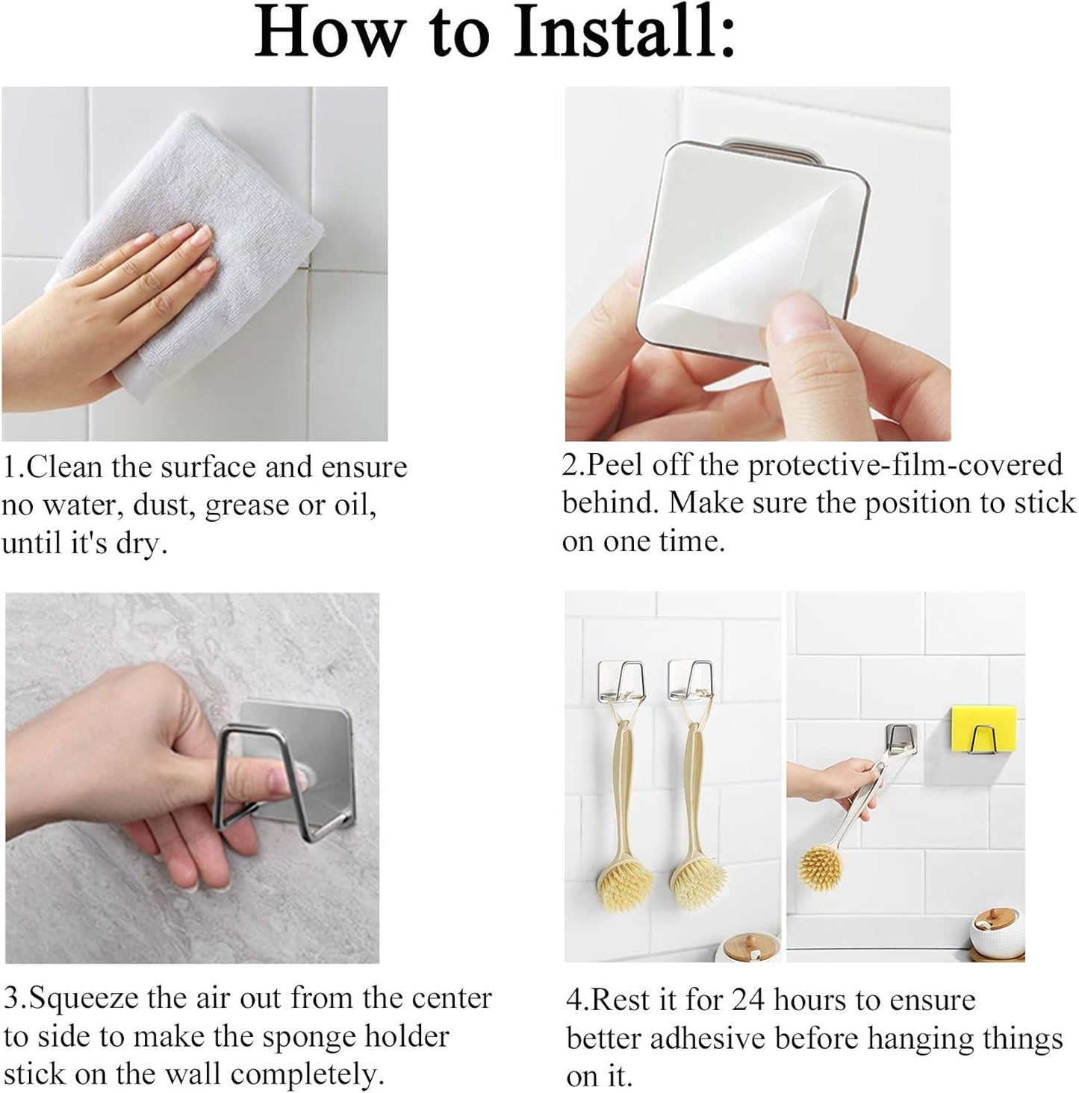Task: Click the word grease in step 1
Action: (247, 506)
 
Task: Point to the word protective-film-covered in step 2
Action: (905, 465)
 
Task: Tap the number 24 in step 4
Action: (749, 1000)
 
